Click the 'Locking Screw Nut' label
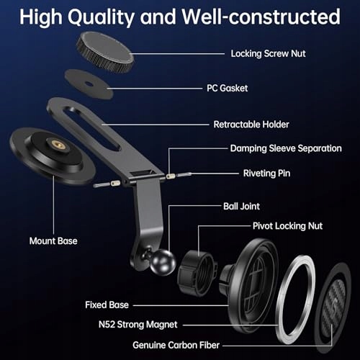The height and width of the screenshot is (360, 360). tap(268, 53)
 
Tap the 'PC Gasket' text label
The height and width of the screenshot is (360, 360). tap(228, 88)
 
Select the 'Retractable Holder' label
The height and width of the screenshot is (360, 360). tap(251, 125)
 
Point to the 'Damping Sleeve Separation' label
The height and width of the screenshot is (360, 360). tap(286, 148)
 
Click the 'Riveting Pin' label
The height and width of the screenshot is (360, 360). tap(266, 174)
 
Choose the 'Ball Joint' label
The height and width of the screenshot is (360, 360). tap(241, 206)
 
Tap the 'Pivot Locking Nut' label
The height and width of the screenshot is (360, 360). tap(287, 226)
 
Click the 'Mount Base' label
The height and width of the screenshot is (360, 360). tap(53, 240)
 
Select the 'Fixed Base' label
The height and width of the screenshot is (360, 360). tap(107, 305)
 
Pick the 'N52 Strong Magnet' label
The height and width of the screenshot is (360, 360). tap(138, 325)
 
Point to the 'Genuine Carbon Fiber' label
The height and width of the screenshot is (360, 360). tap(176, 345)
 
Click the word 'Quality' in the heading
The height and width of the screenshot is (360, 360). tap(101, 17)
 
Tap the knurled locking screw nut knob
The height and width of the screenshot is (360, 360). tap(105, 52)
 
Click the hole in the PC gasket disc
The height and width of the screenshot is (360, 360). tap(89, 84)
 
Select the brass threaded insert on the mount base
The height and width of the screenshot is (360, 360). tap(57, 144)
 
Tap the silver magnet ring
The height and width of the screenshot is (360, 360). tap(281, 300)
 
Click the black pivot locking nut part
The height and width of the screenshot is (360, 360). tap(197, 272)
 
